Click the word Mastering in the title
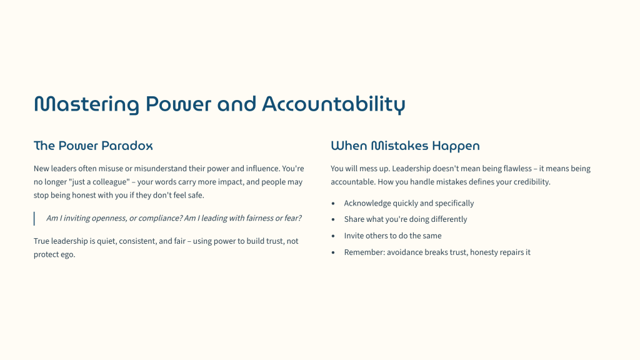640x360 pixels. tap(86, 104)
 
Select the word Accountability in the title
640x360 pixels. tap(334, 104)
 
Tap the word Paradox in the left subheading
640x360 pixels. tap(127, 146)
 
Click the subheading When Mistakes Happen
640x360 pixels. tap(405, 146)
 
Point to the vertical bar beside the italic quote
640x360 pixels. tap(34, 218)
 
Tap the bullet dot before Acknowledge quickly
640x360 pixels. tap(333, 203)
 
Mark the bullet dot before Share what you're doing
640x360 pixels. tap(333, 219)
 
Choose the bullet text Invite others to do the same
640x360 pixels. tap(392, 236)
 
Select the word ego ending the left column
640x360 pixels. tap(68, 255)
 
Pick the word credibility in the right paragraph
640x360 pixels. tap(532, 182)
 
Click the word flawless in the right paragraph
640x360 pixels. tap(517, 169)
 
